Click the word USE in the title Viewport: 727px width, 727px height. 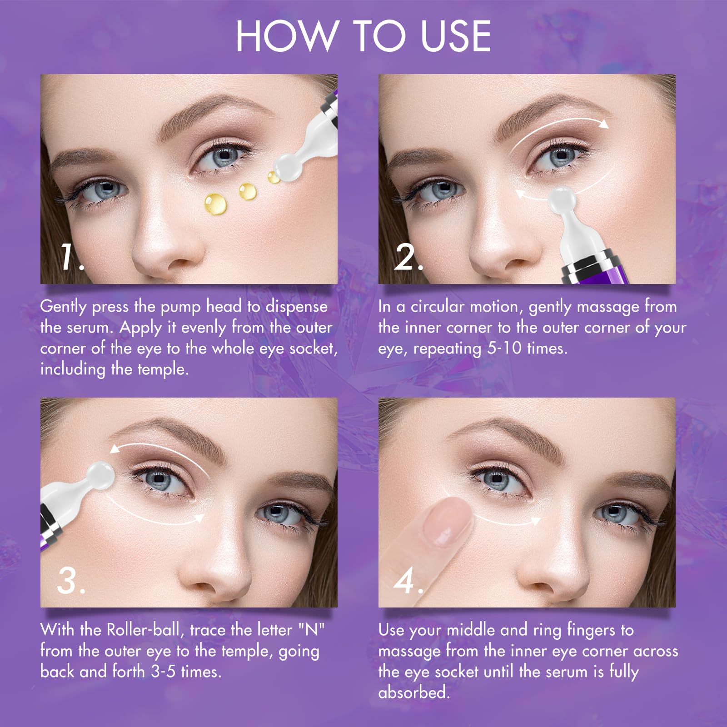(x=455, y=36)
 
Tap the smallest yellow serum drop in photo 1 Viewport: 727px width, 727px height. (x=274, y=177)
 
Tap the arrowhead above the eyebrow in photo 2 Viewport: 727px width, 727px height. (x=603, y=124)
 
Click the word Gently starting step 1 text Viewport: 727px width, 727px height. (x=63, y=307)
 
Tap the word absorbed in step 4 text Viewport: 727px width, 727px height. (x=413, y=692)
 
